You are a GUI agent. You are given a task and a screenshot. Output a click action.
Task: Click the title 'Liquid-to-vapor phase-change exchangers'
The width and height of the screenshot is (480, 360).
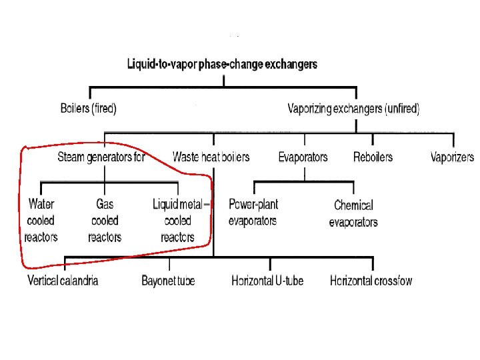(x=223, y=65)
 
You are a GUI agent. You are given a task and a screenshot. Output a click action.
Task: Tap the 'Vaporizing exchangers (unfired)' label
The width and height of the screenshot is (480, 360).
(x=353, y=109)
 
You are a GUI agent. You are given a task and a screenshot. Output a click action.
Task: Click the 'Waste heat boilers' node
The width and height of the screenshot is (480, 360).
(x=211, y=157)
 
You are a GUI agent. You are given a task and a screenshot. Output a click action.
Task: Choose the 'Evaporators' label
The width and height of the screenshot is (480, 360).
(x=303, y=157)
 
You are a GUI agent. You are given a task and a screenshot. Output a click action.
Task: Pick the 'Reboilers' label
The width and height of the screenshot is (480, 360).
(x=373, y=157)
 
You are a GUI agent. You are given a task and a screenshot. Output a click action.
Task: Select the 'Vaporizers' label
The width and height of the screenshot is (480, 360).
(x=453, y=157)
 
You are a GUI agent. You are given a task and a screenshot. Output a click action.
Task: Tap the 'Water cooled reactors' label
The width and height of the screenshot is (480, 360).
(x=41, y=220)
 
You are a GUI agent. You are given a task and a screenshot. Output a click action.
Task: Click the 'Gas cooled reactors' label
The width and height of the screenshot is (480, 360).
(x=105, y=220)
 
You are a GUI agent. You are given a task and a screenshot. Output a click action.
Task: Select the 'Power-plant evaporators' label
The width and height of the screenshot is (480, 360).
(x=253, y=212)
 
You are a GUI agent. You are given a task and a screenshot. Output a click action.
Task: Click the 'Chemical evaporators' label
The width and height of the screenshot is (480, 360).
(x=353, y=213)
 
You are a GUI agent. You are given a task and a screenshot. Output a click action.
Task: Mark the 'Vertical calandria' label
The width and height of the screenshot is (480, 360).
(x=63, y=281)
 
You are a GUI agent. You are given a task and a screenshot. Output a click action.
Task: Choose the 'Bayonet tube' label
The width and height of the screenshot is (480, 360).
(x=168, y=281)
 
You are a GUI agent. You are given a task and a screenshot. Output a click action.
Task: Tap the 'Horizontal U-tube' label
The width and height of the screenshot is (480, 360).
(x=267, y=281)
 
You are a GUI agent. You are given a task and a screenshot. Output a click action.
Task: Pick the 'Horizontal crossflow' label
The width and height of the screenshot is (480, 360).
(x=371, y=281)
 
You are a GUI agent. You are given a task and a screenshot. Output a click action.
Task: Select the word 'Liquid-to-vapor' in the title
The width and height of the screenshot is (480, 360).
(x=158, y=65)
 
